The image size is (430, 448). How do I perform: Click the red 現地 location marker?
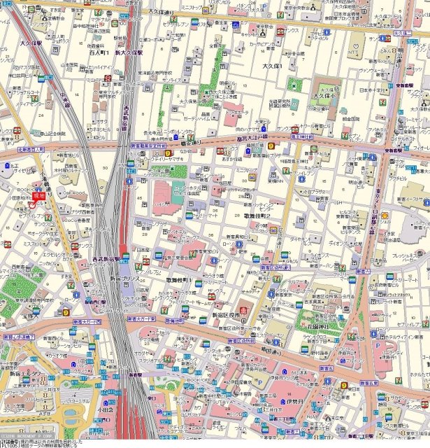click(38, 198)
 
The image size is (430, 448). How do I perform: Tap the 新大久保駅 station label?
click(129, 52)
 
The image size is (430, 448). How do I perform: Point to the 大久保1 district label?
click(272, 66)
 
